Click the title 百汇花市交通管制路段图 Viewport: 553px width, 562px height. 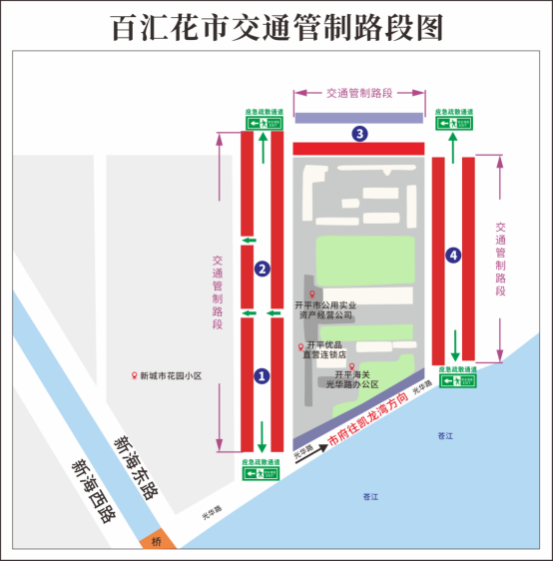tap(276, 27)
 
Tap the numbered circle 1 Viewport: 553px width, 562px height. tap(262, 375)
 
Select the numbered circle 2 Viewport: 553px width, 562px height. tap(262, 268)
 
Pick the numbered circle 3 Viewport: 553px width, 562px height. tap(359, 133)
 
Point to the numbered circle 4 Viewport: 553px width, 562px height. tap(454, 256)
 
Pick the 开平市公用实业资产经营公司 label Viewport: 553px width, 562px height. tap(325, 309)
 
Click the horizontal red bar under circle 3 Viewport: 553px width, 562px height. tap(359, 149)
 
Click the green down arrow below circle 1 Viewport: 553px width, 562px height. tap(263, 436)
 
